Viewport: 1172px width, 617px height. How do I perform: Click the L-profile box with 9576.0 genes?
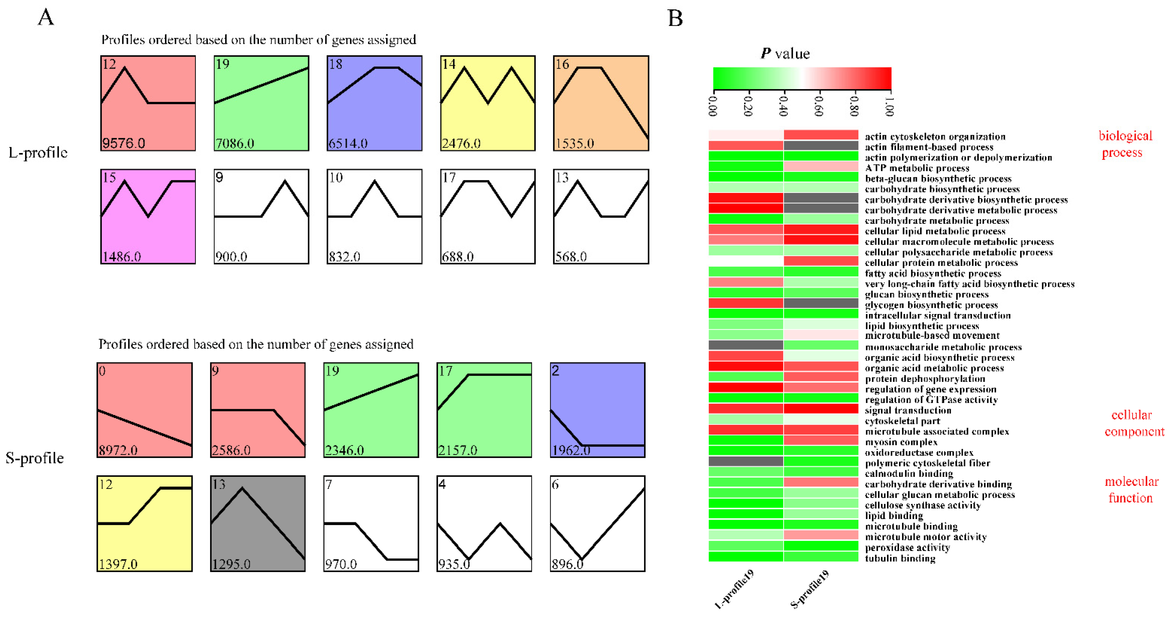[x=148, y=103]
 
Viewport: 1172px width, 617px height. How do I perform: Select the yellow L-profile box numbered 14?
[x=488, y=103]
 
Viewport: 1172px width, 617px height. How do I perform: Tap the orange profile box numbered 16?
[x=601, y=103]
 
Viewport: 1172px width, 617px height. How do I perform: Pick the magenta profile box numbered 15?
[x=148, y=217]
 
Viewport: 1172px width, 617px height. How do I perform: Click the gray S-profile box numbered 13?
[x=257, y=523]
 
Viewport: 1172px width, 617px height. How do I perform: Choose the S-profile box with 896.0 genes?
[x=597, y=523]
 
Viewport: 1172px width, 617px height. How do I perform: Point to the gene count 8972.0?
[x=118, y=450]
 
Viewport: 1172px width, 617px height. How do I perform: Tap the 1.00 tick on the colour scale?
[x=889, y=104]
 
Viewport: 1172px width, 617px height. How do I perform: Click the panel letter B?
[x=675, y=18]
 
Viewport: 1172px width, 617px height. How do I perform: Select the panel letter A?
[x=46, y=17]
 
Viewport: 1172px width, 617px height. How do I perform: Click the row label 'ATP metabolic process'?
[x=917, y=168]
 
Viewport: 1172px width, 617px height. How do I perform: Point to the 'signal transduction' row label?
[x=908, y=410]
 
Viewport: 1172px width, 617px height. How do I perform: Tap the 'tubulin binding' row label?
[x=900, y=558]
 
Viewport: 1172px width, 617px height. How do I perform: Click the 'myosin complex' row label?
[x=901, y=442]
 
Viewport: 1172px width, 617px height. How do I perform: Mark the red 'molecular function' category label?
[x=1131, y=490]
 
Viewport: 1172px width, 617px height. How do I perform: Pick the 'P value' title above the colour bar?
[x=785, y=54]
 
